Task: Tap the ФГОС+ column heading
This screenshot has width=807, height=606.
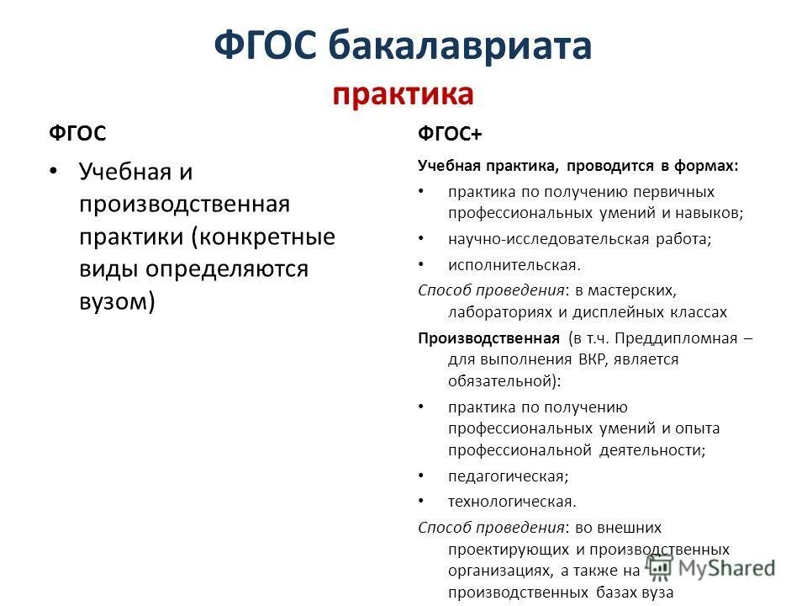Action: (450, 135)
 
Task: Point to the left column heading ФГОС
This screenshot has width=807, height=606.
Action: (76, 134)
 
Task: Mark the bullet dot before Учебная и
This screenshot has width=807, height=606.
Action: (54, 172)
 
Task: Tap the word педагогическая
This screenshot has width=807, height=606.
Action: (508, 476)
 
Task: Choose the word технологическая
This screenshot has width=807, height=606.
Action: (512, 502)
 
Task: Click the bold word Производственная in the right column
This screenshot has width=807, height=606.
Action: (488, 338)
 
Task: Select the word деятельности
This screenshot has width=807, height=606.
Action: (651, 449)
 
